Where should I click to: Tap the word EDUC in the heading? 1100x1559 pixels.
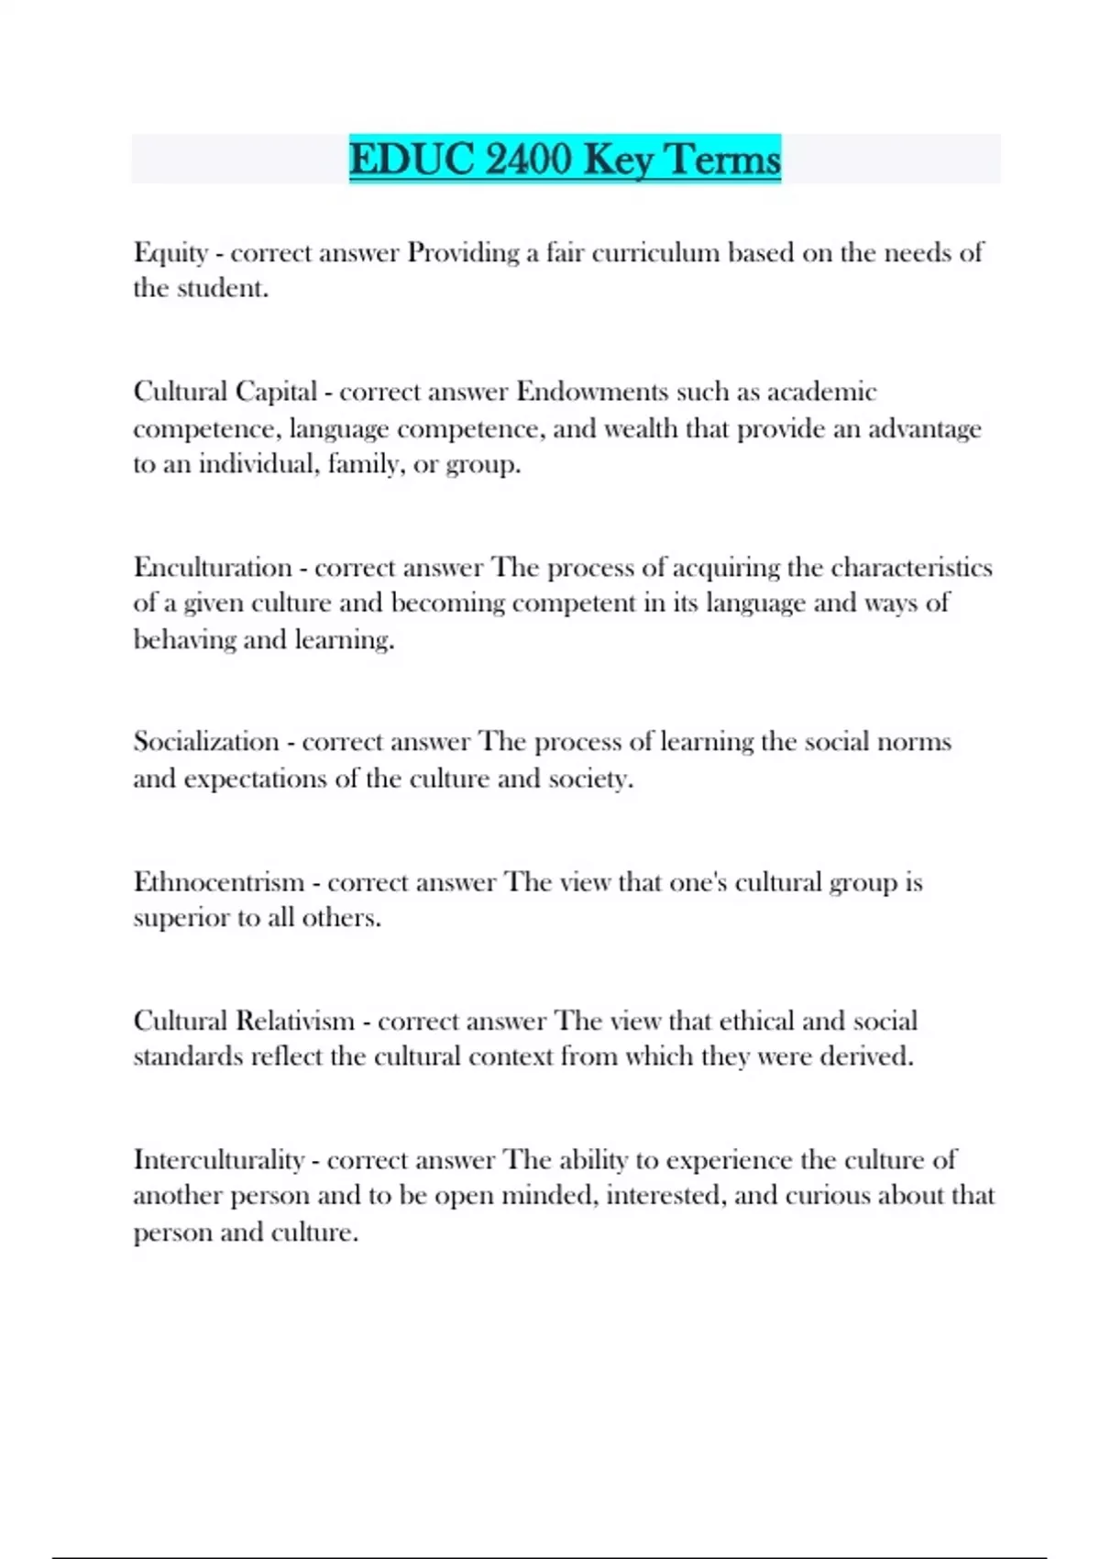(x=412, y=159)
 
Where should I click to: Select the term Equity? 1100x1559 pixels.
(x=170, y=252)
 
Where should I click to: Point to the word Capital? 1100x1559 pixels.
(x=276, y=392)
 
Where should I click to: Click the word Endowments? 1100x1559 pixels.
(x=592, y=392)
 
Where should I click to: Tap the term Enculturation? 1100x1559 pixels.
(x=213, y=567)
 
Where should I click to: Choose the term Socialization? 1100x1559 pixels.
(x=206, y=741)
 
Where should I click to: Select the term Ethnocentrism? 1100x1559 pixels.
(x=219, y=881)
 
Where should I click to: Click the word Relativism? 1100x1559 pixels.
(x=295, y=1021)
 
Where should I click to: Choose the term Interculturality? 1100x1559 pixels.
(x=219, y=1159)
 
